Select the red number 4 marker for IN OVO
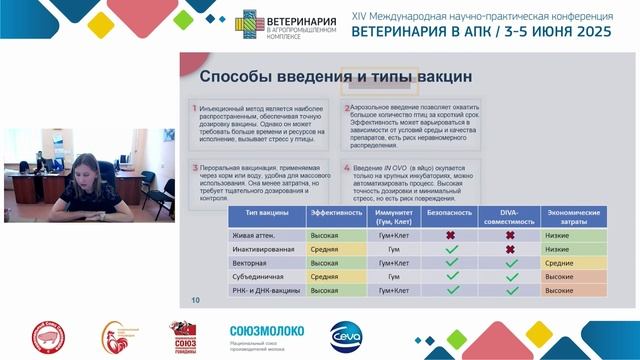click(347, 168)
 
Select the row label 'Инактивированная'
click(263, 249)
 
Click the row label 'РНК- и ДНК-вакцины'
click(267, 290)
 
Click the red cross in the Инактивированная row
click(512, 249)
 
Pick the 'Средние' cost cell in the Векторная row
click(560, 263)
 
